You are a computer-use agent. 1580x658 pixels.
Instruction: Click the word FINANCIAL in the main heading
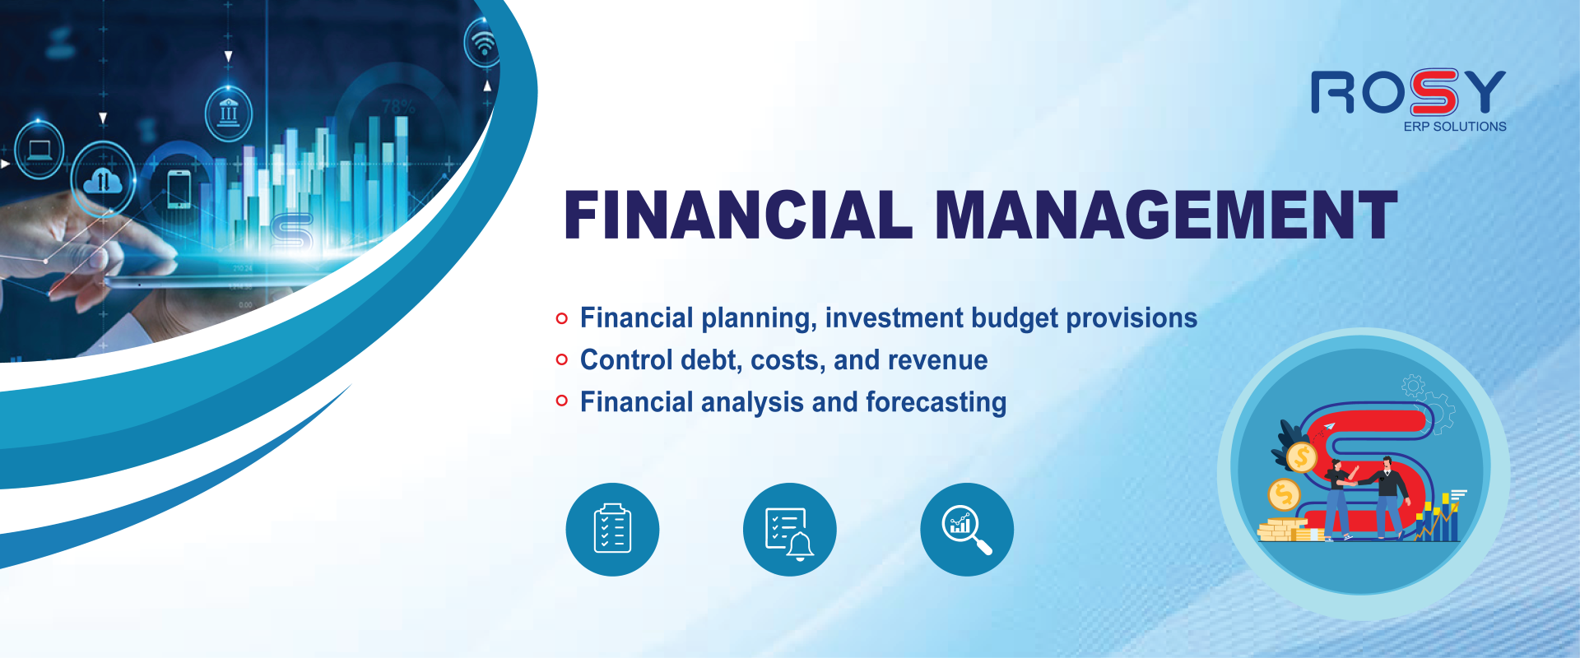[x=738, y=215]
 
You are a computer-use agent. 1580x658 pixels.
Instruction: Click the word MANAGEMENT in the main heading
[x=1166, y=215]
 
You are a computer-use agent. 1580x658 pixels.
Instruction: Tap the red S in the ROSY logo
[x=1434, y=92]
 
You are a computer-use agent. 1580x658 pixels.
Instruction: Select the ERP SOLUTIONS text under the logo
[x=1455, y=127]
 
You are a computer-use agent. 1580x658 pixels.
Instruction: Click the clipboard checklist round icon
[x=612, y=529]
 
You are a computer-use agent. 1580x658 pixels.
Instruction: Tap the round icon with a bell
[x=789, y=529]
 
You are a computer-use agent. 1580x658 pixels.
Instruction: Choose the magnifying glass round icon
[x=967, y=529]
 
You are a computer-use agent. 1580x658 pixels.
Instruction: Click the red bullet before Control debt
[x=562, y=359]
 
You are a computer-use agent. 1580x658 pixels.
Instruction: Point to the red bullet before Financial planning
[x=562, y=318]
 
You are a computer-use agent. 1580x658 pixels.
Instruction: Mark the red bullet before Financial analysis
[x=562, y=401]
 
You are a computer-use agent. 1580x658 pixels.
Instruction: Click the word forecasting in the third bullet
[x=936, y=403]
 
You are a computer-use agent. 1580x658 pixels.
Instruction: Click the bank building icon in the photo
[x=229, y=113]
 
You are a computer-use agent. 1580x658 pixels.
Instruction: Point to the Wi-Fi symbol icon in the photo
[x=484, y=43]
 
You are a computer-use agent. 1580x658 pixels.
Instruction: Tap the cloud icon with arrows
[x=103, y=180]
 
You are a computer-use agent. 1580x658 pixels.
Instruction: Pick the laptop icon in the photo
[x=39, y=150]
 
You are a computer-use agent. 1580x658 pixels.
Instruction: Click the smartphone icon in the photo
[x=179, y=188]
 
